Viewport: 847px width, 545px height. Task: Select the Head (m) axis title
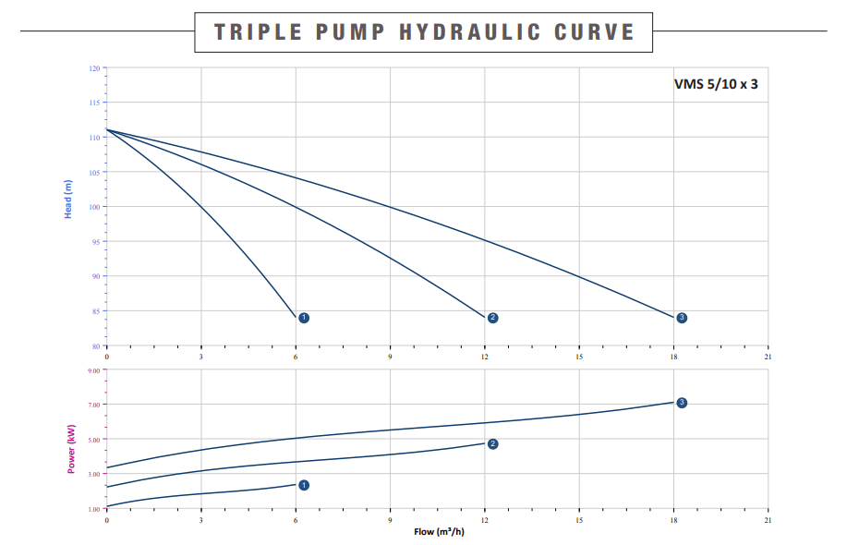(x=68, y=200)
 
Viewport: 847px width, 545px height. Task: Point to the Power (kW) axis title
(x=70, y=448)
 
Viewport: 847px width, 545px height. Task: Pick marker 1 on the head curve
(x=304, y=318)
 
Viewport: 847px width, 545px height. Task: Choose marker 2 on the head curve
(x=492, y=318)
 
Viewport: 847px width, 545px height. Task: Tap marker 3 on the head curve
(x=682, y=318)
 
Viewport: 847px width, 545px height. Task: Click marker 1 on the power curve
(x=304, y=485)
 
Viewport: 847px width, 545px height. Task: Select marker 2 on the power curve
(x=492, y=444)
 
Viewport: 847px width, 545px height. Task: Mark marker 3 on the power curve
(x=682, y=403)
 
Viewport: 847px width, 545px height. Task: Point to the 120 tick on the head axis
(x=94, y=68)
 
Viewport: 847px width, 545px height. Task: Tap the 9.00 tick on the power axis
(x=94, y=369)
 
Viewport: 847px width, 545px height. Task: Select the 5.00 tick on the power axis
(x=94, y=440)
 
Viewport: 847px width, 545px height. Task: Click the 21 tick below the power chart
(x=767, y=521)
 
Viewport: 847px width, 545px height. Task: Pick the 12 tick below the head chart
(x=484, y=357)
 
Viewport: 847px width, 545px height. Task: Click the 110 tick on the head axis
(x=94, y=138)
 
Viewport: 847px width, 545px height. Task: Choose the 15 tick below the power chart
(x=578, y=521)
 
